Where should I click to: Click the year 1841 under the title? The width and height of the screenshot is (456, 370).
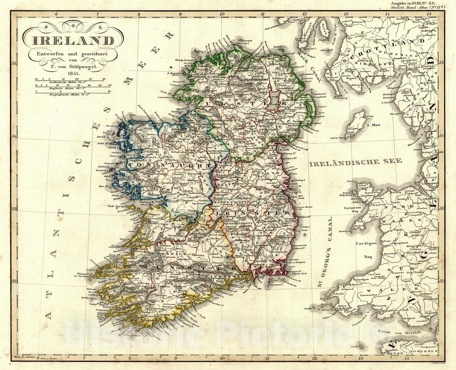tap(74, 73)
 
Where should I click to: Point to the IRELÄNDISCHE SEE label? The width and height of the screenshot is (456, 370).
tap(355, 162)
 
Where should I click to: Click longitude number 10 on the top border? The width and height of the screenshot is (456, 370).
tap(221, 13)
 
